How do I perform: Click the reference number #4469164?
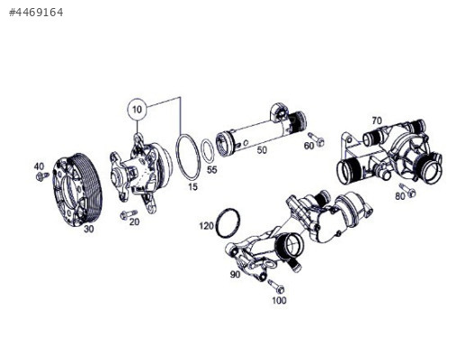[36, 13]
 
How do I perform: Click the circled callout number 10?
[137, 110]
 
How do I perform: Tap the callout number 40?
[39, 166]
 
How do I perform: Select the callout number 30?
[88, 229]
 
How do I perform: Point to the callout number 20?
[134, 221]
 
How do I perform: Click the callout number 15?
[193, 186]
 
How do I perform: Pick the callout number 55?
[211, 169]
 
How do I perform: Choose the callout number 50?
[262, 150]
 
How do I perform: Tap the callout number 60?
[309, 146]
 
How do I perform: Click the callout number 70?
[376, 121]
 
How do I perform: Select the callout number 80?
[399, 196]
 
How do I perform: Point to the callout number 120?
[206, 226]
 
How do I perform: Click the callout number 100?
[279, 301]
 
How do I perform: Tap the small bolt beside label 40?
[41, 176]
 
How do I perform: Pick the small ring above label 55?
[207, 148]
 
